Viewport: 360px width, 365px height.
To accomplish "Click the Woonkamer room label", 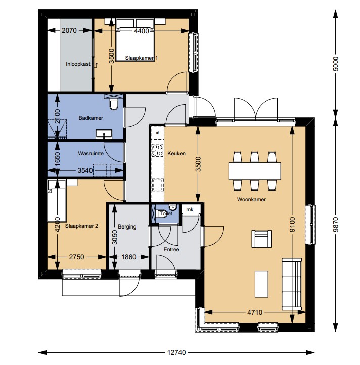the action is click(x=251, y=199).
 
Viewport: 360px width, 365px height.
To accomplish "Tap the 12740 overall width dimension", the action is click(x=176, y=352).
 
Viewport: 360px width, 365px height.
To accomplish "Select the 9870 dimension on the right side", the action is click(x=335, y=224).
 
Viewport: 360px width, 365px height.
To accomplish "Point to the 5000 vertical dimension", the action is click(x=335, y=64).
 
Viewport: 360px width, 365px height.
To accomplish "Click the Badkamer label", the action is click(x=91, y=118).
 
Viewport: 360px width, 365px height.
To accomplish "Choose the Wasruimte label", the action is click(x=91, y=153).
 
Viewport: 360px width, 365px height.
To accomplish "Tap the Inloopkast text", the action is click(x=78, y=64).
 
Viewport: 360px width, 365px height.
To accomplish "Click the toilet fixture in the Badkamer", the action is click(x=114, y=104).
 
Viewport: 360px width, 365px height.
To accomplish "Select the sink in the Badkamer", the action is click(x=104, y=134).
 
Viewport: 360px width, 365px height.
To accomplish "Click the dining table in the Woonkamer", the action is click(x=254, y=171).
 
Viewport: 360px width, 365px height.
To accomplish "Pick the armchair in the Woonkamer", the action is click(x=261, y=239).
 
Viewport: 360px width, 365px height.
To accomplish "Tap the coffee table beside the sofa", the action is click(x=261, y=284).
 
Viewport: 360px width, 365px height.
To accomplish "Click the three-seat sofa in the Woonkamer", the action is click(x=292, y=284).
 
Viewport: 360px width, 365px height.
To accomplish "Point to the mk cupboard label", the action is click(x=190, y=209).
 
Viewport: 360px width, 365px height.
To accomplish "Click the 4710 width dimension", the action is click(x=255, y=312).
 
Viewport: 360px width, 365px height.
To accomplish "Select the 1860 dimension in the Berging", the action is click(x=129, y=257).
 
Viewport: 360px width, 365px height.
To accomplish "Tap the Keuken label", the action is click(x=176, y=153).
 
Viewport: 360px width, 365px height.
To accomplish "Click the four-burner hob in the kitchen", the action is click(x=158, y=150).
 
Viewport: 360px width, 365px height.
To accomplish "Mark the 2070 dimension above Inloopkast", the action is click(x=69, y=30).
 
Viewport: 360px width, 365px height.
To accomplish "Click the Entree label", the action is click(x=171, y=250).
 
